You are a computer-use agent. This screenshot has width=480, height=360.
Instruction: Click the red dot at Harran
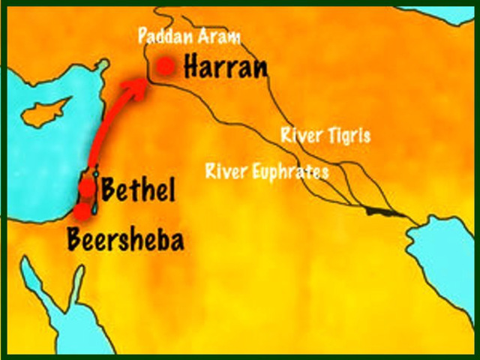coord(166,66)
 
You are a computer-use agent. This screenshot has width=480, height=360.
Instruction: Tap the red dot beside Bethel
coord(88,187)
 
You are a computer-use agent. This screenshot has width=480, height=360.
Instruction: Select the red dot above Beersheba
coord(82,211)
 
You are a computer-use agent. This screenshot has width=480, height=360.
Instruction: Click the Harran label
coord(225,67)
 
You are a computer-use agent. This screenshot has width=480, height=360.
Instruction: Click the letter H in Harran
coord(193,67)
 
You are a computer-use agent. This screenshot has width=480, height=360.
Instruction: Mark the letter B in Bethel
coord(109,190)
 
